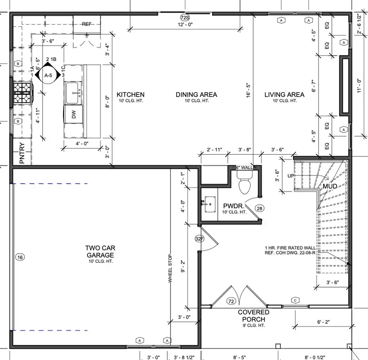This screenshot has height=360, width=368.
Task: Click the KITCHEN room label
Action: tap(130, 95)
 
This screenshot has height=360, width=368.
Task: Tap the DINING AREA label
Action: tap(196, 95)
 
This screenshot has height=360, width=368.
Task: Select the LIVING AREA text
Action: tap(284, 95)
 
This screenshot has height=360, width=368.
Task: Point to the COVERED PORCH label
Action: tap(254, 316)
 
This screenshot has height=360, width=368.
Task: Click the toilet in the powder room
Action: tap(245, 184)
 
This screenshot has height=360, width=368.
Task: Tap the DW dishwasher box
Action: tap(74, 116)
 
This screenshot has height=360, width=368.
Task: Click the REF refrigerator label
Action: tap(87, 24)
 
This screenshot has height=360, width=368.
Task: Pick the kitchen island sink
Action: tap(74, 92)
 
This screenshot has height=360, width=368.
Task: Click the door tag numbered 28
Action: tap(259, 208)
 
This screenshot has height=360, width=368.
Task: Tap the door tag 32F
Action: tap(200, 239)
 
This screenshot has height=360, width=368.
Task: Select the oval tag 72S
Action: tap(185, 18)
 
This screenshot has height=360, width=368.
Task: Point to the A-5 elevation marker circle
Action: tap(48, 75)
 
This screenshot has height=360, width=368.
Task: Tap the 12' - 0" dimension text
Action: tap(185, 25)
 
